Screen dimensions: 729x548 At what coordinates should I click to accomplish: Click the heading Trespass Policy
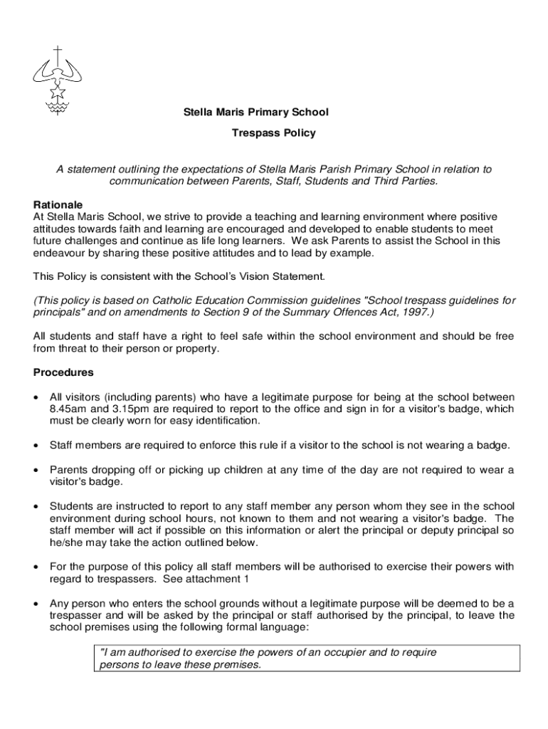(x=273, y=132)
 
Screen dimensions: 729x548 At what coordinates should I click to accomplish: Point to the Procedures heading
(x=63, y=372)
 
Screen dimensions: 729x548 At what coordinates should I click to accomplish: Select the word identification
(x=226, y=421)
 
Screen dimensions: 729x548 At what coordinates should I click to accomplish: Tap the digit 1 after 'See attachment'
(x=246, y=579)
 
